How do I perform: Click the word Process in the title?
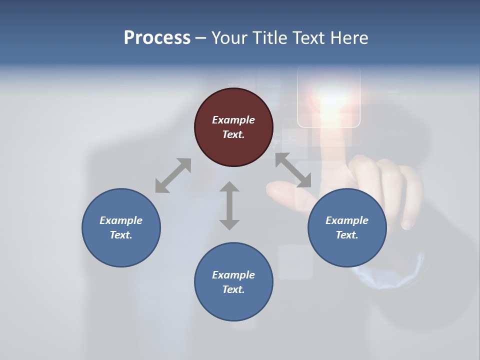[x=157, y=38]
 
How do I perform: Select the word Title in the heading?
[x=269, y=38]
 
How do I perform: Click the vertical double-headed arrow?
[x=229, y=205]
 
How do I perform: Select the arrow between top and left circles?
[x=173, y=175]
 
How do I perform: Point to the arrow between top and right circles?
[x=293, y=170]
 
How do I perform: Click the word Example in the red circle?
[x=233, y=120]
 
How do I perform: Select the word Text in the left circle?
[x=121, y=235]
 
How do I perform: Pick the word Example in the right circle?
[x=347, y=220]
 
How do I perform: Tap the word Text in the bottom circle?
[x=233, y=289]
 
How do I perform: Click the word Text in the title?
[x=309, y=38]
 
